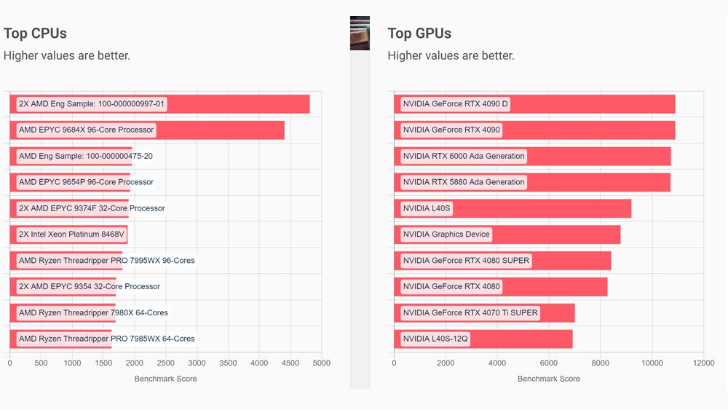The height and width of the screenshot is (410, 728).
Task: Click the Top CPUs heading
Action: [35, 33]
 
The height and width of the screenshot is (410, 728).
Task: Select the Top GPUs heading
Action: [419, 33]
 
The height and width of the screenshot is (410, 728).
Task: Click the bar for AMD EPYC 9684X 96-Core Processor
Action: [218, 130]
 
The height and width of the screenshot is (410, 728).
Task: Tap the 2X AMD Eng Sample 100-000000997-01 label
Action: [92, 104]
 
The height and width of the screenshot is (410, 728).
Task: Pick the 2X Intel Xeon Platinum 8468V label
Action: [72, 234]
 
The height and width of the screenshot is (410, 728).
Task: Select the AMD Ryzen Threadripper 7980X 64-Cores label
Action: [93, 312]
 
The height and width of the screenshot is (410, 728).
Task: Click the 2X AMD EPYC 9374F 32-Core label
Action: [92, 208]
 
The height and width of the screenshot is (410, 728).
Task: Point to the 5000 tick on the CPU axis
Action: [321, 363]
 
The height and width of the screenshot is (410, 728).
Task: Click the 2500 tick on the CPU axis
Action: [165, 363]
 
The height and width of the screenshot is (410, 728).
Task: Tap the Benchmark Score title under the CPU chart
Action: [165, 379]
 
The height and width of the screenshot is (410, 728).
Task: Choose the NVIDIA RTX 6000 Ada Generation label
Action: [464, 156]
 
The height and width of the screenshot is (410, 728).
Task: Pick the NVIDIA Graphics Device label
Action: [446, 234]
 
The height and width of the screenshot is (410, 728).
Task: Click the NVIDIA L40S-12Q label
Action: [435, 339]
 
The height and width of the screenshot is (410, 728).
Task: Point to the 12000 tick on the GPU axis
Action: [703, 363]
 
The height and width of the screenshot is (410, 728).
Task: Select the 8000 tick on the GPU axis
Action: [600, 363]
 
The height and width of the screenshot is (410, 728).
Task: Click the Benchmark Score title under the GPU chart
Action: [548, 379]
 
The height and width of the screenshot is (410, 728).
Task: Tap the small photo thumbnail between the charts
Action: [360, 33]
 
